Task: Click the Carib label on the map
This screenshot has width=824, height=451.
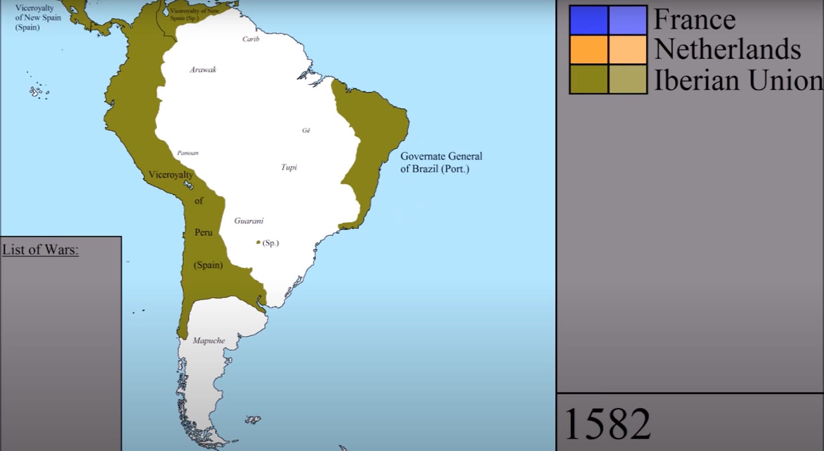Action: point(251,39)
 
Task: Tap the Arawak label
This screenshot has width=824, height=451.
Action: point(203,70)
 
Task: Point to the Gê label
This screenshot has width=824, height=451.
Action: point(306,130)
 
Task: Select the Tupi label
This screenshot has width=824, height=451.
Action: point(289,167)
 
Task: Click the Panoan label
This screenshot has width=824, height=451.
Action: point(188,153)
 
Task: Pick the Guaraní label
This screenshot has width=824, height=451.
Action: point(249,221)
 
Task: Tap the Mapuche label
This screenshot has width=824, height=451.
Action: point(209,341)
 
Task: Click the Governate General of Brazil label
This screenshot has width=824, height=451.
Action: point(441,162)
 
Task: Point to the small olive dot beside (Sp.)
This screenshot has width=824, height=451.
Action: point(258,242)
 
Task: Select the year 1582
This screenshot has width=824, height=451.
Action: point(608,424)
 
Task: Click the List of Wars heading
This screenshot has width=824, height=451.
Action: point(40,249)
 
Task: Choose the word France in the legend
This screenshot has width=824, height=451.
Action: point(694,19)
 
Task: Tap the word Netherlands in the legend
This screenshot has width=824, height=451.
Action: point(727,49)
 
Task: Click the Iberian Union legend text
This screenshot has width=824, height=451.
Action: point(738,80)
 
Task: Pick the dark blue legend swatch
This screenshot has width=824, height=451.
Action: point(589,20)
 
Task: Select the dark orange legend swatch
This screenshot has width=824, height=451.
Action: point(589,50)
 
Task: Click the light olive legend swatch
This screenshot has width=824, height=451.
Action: point(628,79)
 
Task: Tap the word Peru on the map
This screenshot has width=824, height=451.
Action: point(203,232)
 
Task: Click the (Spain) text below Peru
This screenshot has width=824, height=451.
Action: point(208,264)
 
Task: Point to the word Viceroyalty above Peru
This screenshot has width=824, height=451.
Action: point(171,175)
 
